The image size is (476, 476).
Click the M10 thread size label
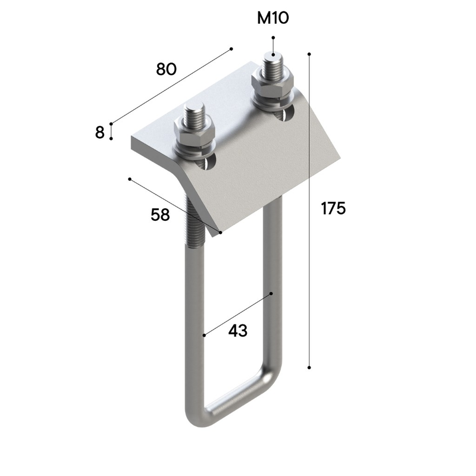(273, 18)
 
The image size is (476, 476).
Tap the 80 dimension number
(166, 69)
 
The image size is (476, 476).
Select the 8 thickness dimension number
(99, 133)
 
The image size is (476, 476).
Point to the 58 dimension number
(160, 215)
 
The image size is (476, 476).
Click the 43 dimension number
(237, 331)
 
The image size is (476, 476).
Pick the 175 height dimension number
(333, 209)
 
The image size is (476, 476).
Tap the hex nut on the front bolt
(195, 133)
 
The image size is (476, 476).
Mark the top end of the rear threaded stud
(273, 55)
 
